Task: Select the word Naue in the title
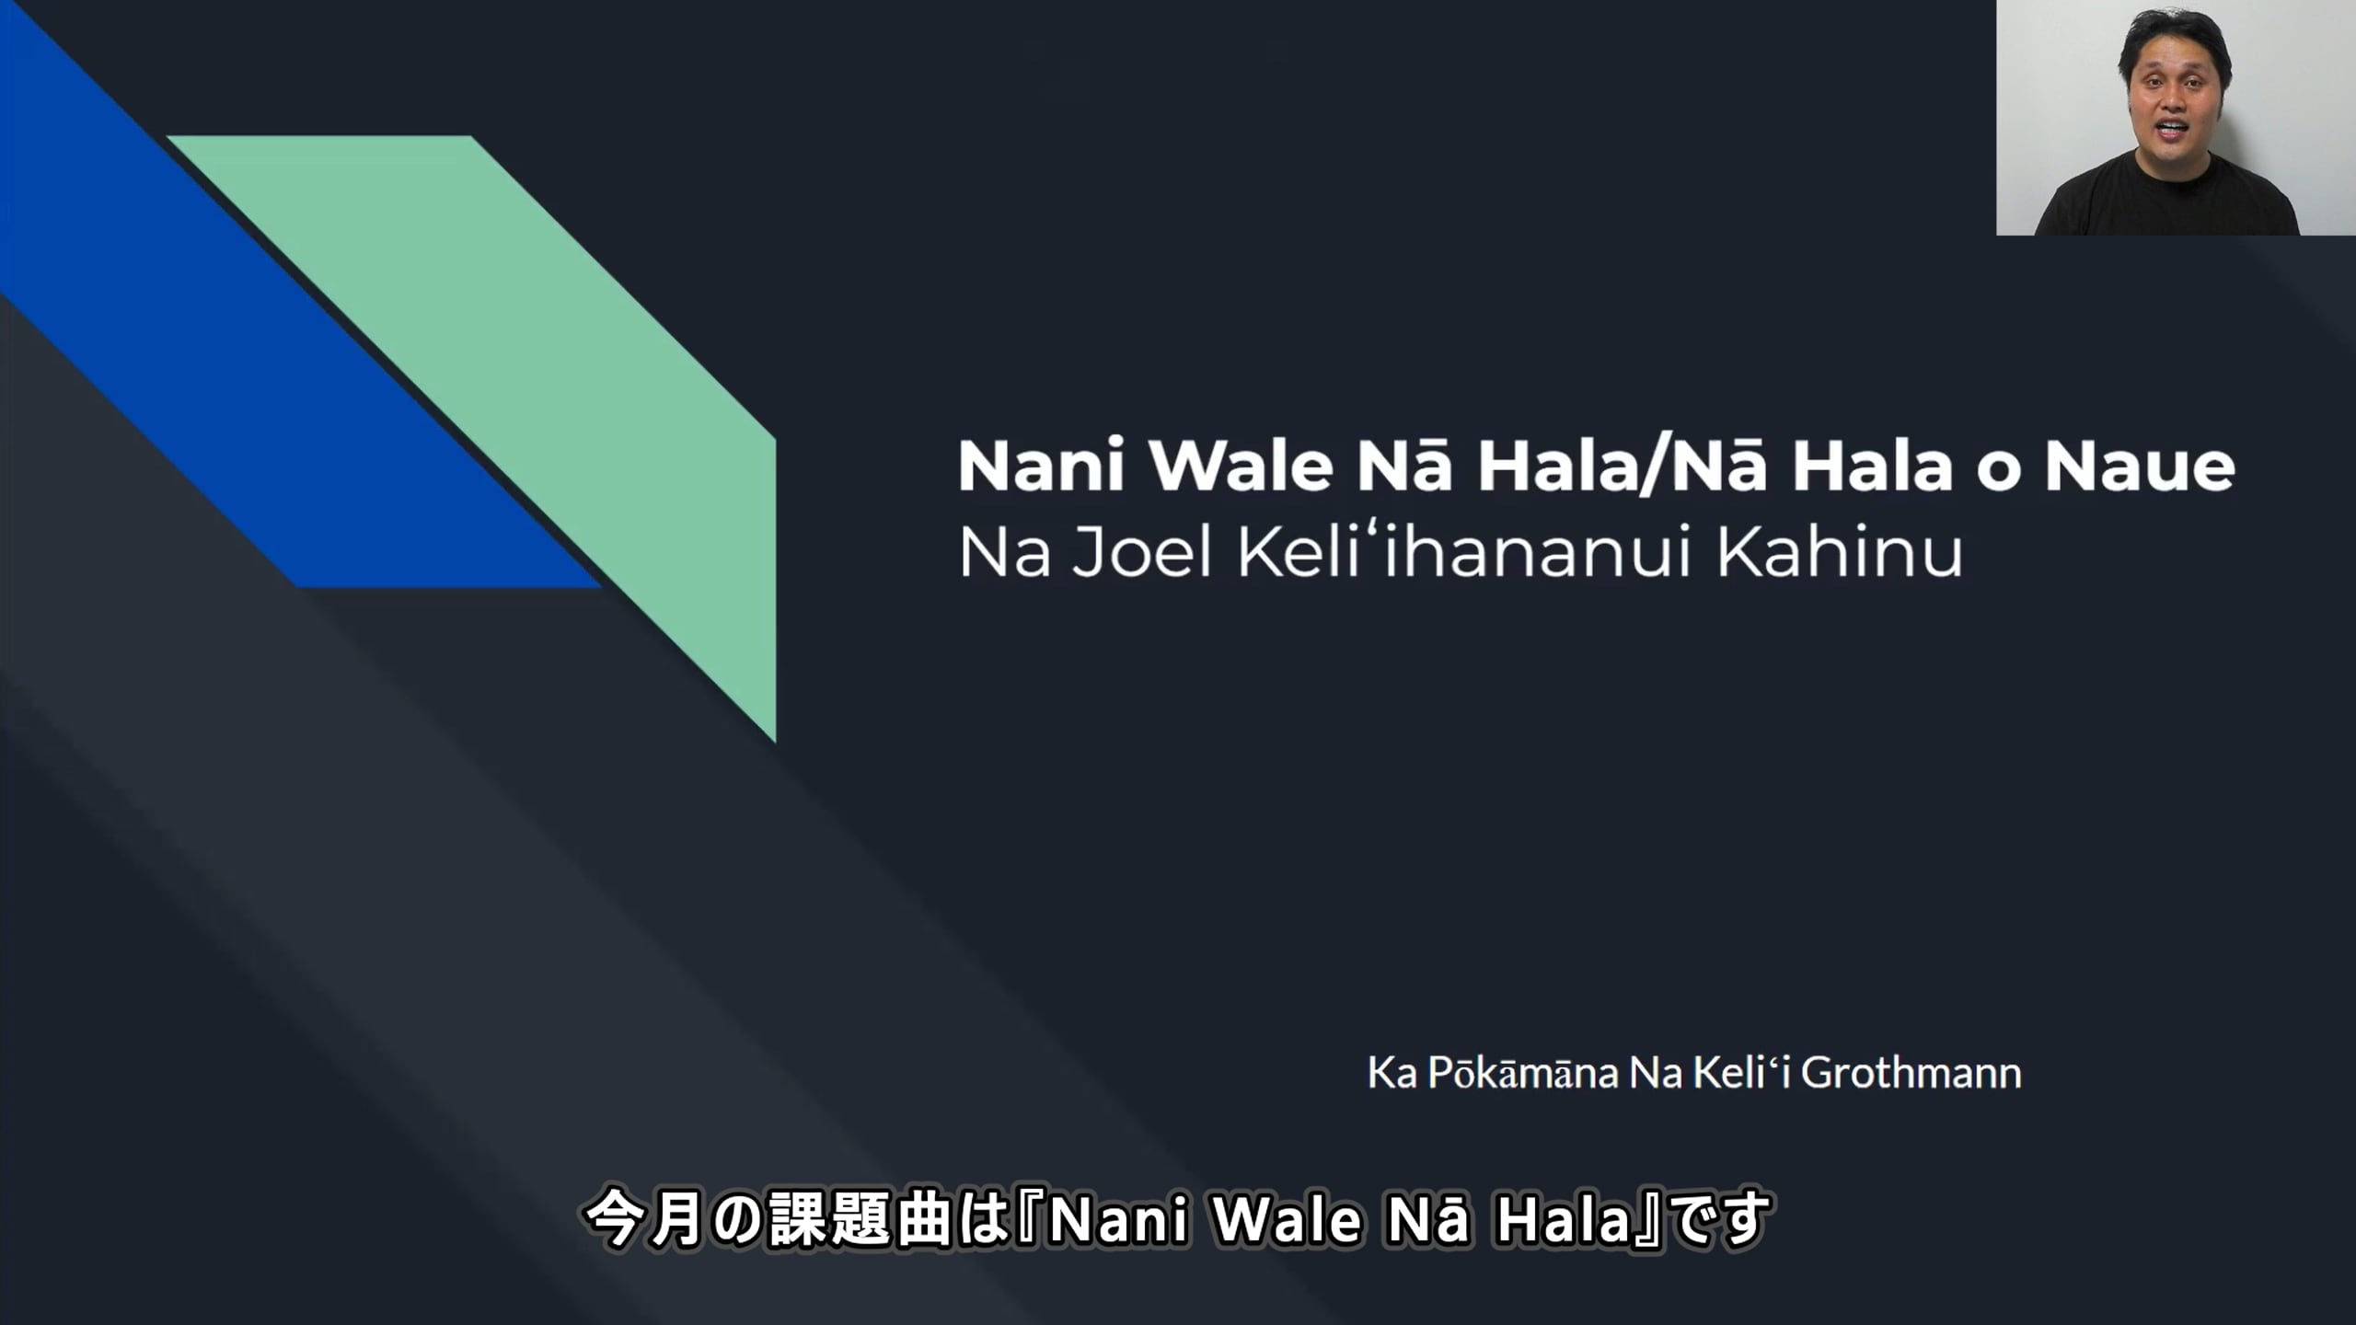[x=2140, y=466]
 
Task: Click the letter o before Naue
[x=1998, y=471]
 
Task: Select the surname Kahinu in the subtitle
[x=1840, y=551]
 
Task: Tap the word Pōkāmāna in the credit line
[x=1522, y=1073]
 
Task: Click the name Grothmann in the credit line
[x=1911, y=1073]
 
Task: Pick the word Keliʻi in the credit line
[x=1750, y=1073]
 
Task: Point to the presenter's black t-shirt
[x=2168, y=198]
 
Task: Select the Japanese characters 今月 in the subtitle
[x=643, y=1220]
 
